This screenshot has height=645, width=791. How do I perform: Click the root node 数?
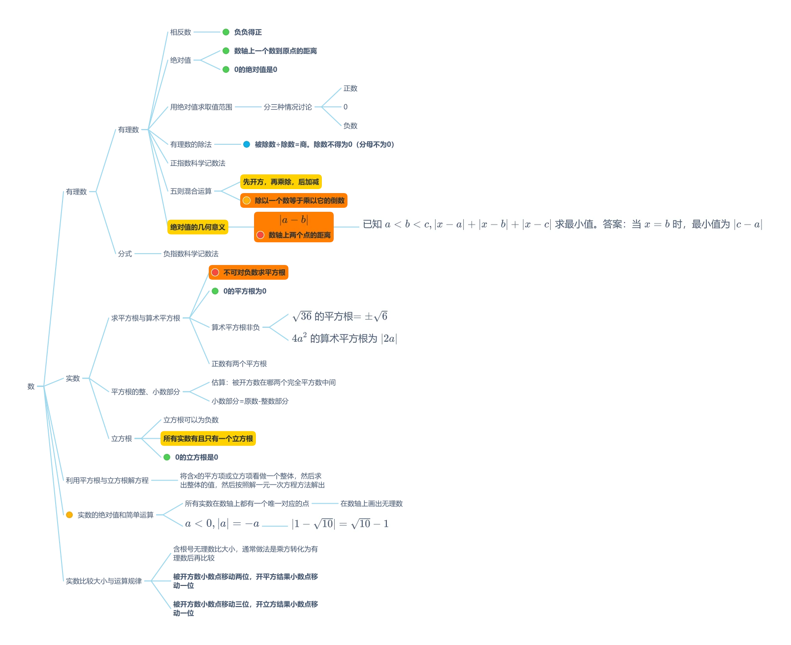tap(31, 386)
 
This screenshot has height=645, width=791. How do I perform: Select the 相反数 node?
tap(181, 32)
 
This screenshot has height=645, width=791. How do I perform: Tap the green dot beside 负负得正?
tap(226, 32)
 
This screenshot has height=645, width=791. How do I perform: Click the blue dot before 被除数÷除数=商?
tap(247, 144)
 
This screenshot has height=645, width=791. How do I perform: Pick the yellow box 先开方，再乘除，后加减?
tap(281, 182)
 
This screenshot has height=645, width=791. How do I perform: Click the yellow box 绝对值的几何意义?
tap(198, 227)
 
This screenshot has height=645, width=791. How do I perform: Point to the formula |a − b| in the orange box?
tap(294, 220)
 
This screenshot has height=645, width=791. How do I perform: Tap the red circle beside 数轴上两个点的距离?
tap(260, 235)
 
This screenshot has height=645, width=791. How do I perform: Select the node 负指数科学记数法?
tap(191, 254)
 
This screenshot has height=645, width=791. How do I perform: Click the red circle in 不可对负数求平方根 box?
tap(215, 272)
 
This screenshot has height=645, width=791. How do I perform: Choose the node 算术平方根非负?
tap(236, 327)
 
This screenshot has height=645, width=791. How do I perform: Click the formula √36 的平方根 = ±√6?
tap(340, 316)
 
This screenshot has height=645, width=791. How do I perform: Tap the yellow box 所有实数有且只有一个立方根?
tap(208, 438)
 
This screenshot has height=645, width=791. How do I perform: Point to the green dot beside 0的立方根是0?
tap(167, 457)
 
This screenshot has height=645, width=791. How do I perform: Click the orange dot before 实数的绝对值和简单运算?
tap(69, 515)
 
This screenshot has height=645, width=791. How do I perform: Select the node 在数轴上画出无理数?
tap(371, 504)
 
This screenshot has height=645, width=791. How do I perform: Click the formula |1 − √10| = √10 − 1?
tap(340, 523)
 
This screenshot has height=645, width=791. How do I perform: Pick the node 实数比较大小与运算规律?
tap(104, 581)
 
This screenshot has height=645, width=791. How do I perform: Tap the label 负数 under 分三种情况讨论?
tap(350, 126)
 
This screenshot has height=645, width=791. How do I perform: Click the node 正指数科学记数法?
tap(198, 163)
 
